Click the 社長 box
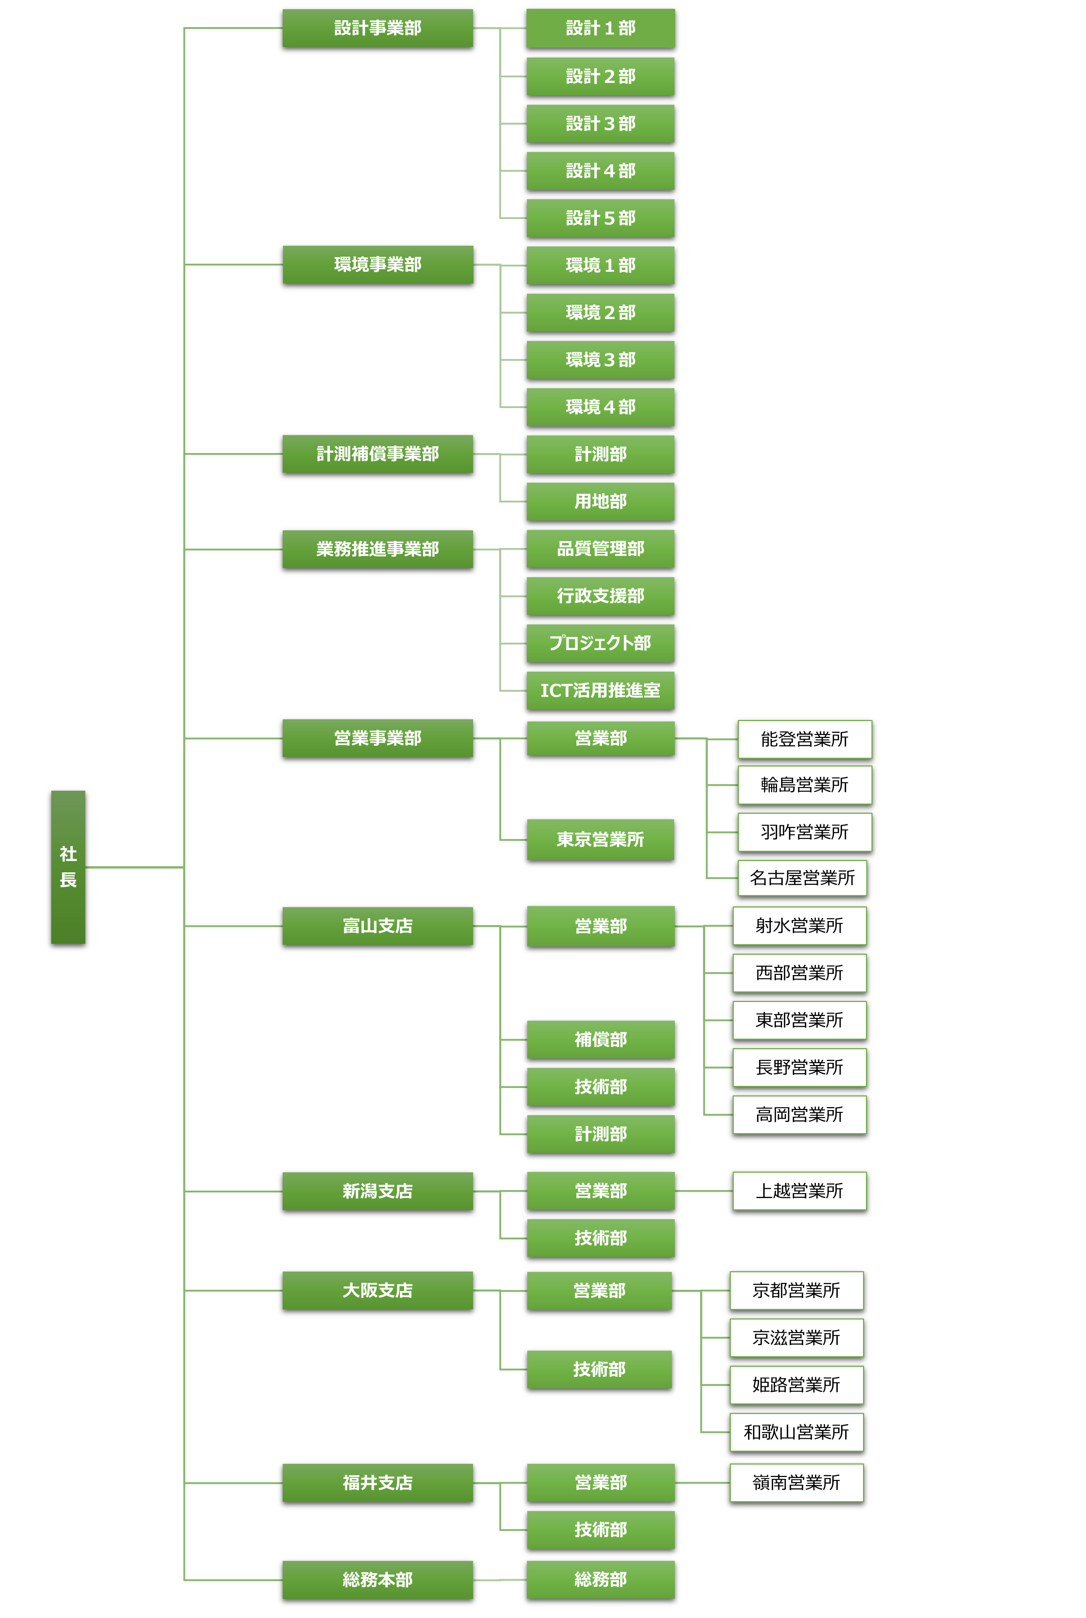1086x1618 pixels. pyautogui.click(x=68, y=866)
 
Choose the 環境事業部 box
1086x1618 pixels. pyautogui.click(x=378, y=264)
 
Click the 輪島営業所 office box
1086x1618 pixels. pyautogui.click(x=804, y=785)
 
